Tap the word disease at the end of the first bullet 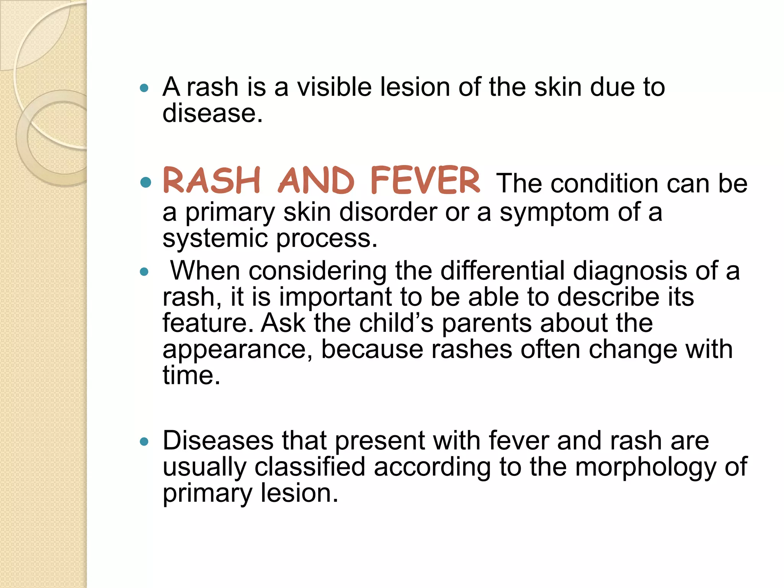(x=212, y=113)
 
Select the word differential (x=503, y=271)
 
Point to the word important (x=335, y=297)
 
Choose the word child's (x=396, y=323)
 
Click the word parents (x=487, y=324)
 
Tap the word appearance (x=237, y=350)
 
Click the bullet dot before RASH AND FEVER (x=145, y=182)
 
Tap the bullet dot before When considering (x=144, y=272)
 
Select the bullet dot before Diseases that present (x=144, y=442)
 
